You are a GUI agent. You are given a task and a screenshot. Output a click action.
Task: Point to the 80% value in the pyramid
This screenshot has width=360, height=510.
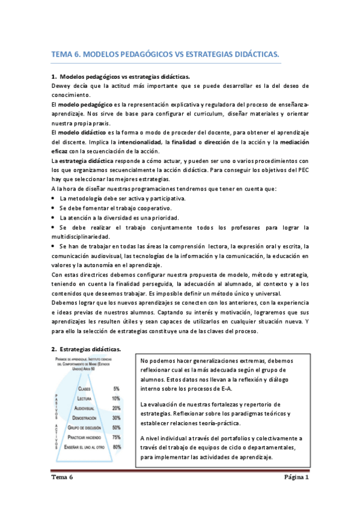pyautogui.click(x=116, y=446)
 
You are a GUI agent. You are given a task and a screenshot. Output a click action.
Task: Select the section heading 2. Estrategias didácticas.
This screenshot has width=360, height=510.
pyautogui.click(x=86, y=349)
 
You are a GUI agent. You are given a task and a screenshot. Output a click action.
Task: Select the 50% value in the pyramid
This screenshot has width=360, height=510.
pyautogui.click(x=116, y=427)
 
